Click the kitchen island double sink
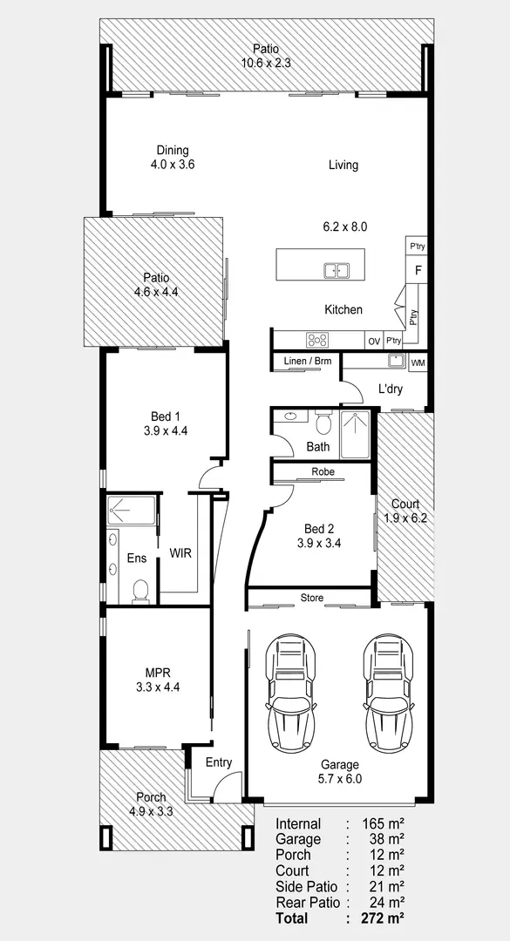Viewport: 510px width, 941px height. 337,271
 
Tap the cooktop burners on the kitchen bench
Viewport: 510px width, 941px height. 318,341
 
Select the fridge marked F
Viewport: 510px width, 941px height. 418,270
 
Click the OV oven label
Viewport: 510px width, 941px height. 374,342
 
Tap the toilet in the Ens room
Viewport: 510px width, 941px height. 140,591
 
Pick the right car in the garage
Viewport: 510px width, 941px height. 388,694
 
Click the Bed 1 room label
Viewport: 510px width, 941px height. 165,416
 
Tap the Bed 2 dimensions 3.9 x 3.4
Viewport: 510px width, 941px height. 319,544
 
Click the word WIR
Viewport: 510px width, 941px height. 180,553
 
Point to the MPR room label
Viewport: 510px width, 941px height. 158,674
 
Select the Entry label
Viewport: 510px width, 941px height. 219,762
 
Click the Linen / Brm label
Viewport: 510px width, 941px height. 304,361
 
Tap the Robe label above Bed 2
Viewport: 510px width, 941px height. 323,471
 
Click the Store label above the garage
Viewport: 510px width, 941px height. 312,598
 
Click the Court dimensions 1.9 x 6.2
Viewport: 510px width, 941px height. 405,518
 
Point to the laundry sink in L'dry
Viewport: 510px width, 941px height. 396,361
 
